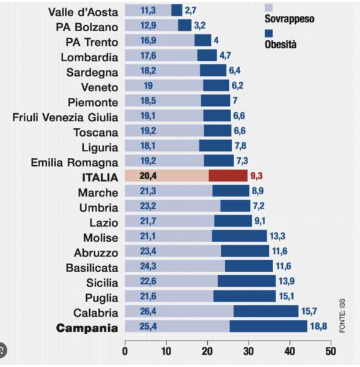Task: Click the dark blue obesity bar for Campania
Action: tap(268, 326)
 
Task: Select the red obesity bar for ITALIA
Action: tap(227, 176)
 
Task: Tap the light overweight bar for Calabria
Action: tap(179, 311)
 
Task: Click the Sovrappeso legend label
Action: tap(290, 19)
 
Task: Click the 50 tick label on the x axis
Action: tap(331, 352)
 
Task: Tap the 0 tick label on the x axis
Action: tap(125, 352)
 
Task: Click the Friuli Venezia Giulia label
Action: tap(65, 116)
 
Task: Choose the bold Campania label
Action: tap(87, 328)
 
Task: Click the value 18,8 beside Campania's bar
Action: tap(319, 327)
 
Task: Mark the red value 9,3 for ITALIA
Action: tap(259, 176)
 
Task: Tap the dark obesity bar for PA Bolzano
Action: tap(185, 26)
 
